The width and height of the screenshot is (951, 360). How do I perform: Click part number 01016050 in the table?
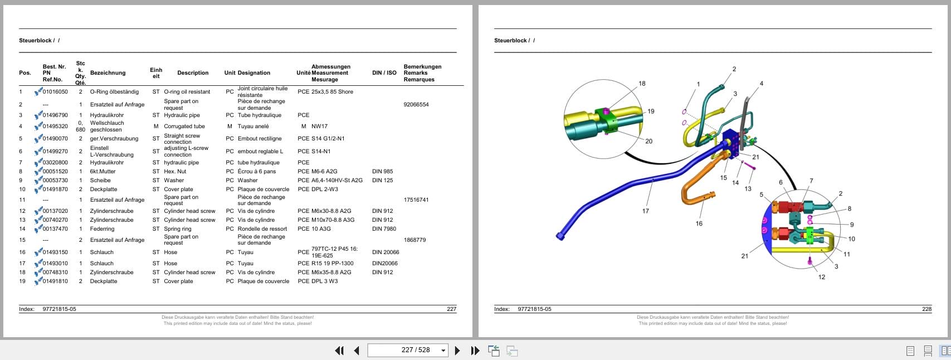pyautogui.click(x=55, y=92)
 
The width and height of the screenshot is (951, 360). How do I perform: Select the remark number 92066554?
pyautogui.click(x=416, y=104)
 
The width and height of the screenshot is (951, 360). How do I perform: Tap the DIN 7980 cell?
pyautogui.click(x=384, y=229)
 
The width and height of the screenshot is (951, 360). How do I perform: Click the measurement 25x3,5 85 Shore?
pyautogui.click(x=332, y=92)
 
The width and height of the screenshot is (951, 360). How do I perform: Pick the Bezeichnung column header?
pyautogui.click(x=108, y=73)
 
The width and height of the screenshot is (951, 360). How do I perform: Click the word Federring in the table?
pyautogui.click(x=102, y=229)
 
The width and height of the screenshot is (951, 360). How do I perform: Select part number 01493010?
pyautogui.click(x=55, y=263)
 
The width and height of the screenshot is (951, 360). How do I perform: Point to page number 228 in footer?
pyautogui.click(x=927, y=309)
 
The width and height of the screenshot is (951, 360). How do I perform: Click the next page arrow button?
pyautogui.click(x=457, y=350)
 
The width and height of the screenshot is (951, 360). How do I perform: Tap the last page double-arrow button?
pyautogui.click(x=475, y=350)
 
